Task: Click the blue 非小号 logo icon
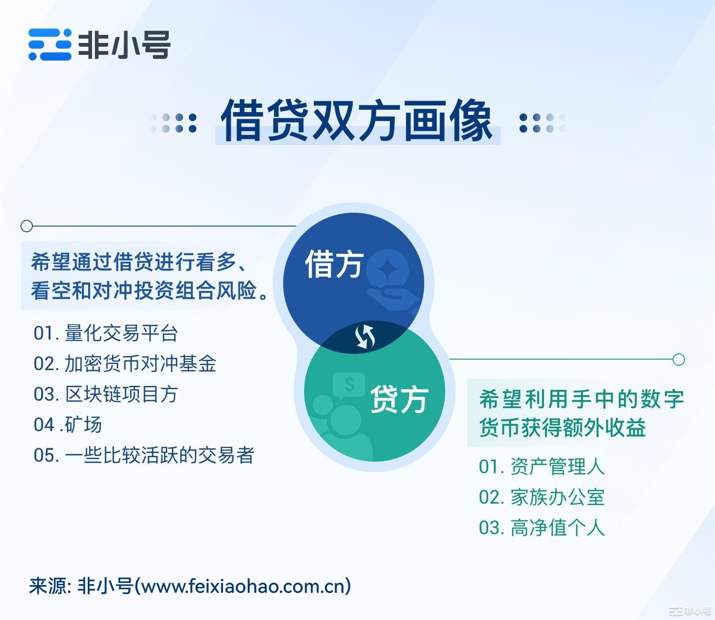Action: [50, 45]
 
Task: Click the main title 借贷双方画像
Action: [357, 121]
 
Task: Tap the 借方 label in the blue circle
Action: [334, 264]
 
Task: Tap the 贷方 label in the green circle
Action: [399, 399]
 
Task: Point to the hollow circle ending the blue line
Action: [27, 226]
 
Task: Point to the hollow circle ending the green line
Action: [679, 359]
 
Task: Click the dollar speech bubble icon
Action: [348, 386]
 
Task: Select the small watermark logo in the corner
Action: [691, 611]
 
